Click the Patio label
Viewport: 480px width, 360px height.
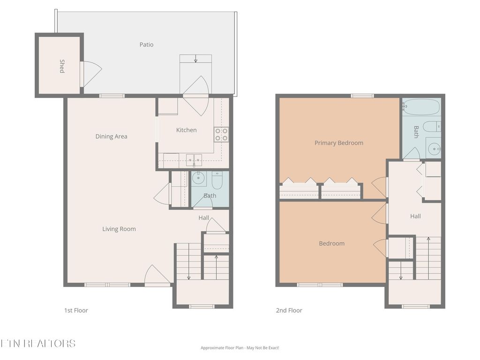(146, 45)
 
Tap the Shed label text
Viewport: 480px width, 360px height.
(62, 66)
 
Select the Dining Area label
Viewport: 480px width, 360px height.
(111, 137)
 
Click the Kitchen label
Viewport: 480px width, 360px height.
(186, 130)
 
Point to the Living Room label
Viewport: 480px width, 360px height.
(119, 229)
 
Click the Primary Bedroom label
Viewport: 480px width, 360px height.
(338, 143)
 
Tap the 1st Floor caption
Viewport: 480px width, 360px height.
(76, 310)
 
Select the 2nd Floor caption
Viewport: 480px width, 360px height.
(289, 310)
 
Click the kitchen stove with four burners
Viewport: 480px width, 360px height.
(221, 135)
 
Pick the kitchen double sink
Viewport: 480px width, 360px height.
(193, 159)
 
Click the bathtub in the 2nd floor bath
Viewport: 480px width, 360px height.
(421, 107)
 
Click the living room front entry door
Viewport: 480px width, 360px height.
(157, 277)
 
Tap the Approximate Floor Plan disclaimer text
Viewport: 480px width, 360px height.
(240, 348)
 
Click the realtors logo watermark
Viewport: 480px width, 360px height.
(37, 343)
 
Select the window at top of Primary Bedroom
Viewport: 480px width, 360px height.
(362, 96)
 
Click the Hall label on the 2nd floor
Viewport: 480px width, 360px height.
(415, 217)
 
